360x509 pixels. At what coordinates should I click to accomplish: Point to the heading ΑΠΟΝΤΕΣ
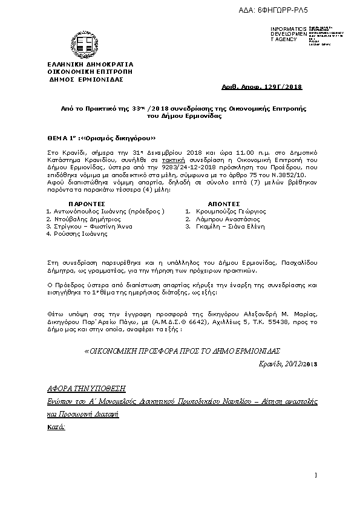[x=224, y=204]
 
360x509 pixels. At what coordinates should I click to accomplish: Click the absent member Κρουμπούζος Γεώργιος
[x=225, y=211]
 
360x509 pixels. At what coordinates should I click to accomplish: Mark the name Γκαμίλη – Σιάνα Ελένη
[x=224, y=226]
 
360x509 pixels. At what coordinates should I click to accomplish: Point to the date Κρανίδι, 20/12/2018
[x=287, y=363]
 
